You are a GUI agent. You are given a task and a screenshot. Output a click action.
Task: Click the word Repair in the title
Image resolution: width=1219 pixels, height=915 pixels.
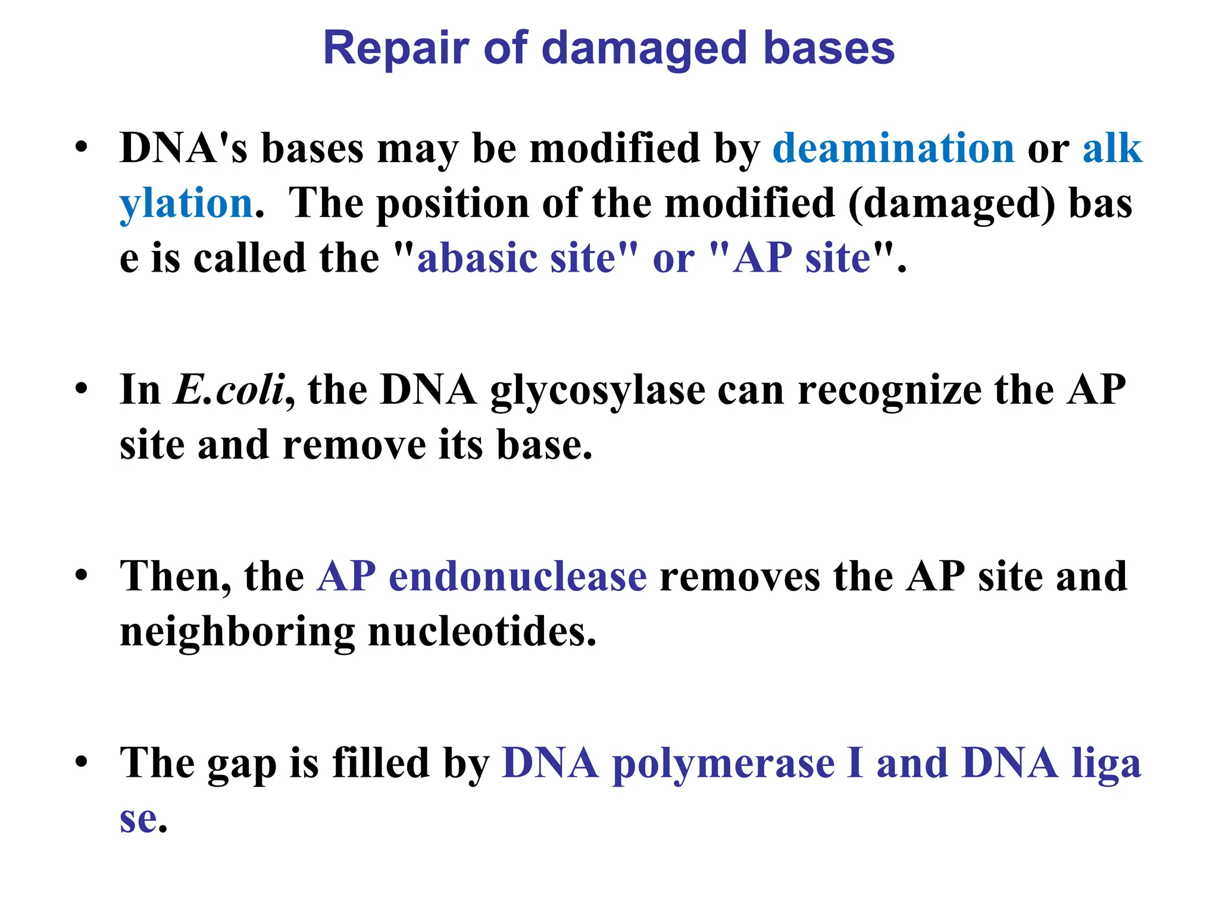(x=396, y=49)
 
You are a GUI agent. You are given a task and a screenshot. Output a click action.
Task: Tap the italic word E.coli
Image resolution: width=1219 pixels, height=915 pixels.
(x=229, y=390)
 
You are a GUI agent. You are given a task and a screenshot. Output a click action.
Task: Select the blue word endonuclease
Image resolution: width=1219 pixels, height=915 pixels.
(x=517, y=577)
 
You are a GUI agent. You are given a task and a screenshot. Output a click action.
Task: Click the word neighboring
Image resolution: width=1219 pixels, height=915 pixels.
(x=237, y=633)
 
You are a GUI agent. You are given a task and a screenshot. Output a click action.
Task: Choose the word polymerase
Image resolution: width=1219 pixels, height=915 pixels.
(x=723, y=764)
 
